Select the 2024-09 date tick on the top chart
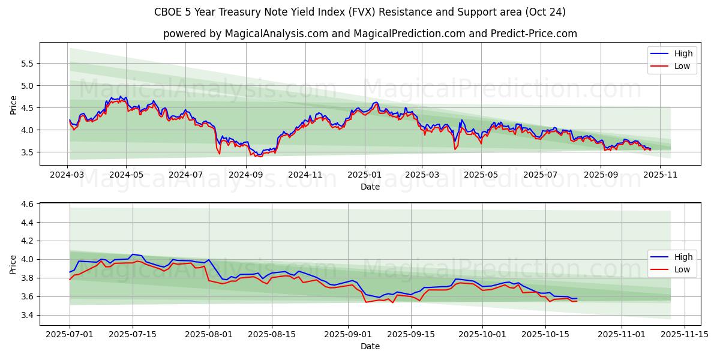[x=245, y=175]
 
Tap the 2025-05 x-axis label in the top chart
[x=481, y=175]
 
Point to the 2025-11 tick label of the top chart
[x=660, y=175]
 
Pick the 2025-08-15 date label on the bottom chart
[x=272, y=334]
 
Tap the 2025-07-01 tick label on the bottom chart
[x=70, y=334]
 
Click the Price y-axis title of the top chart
[x=14, y=104]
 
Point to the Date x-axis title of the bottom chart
[x=370, y=346]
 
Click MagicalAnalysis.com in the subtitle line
[x=277, y=34]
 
